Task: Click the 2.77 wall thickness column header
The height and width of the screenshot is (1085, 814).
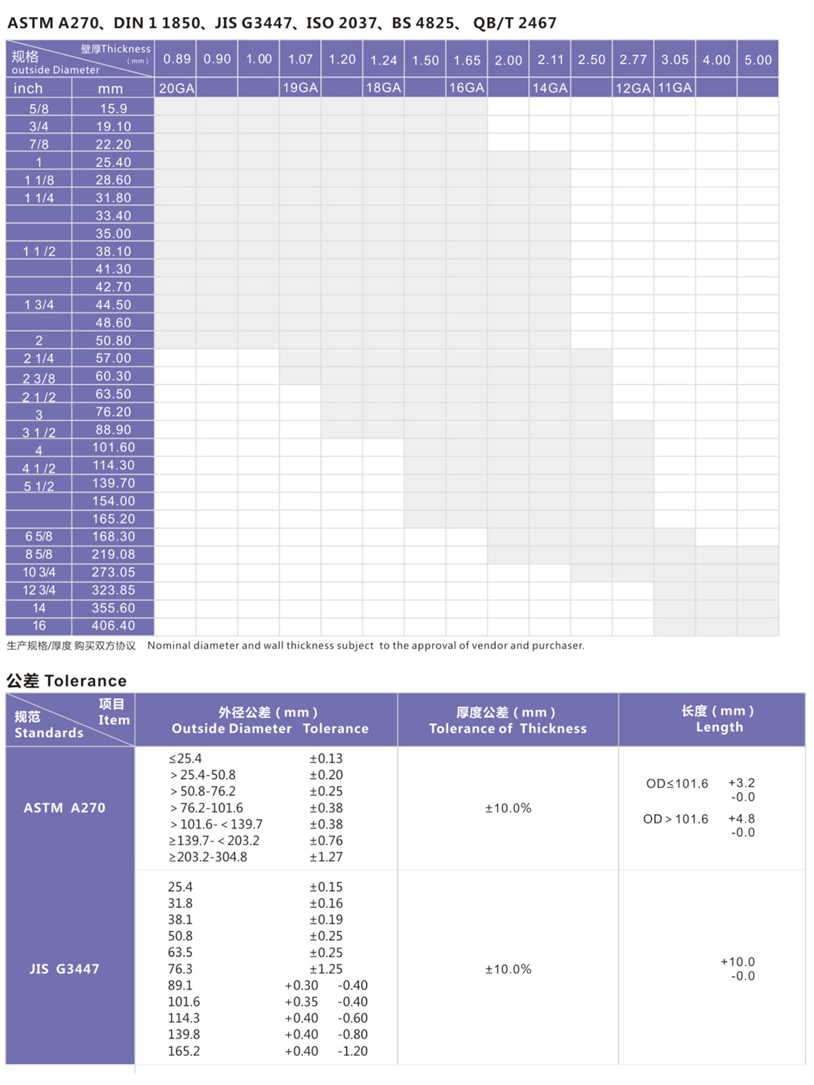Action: pos(633,60)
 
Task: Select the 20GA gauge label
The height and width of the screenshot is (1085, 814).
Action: pos(176,88)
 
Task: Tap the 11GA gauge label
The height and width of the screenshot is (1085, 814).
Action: pos(674,87)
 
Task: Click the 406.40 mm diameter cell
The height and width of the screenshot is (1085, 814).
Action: pos(113,625)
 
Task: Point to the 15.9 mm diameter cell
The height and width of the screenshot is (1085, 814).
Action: pos(113,108)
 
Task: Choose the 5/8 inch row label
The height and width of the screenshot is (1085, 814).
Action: pos(39,108)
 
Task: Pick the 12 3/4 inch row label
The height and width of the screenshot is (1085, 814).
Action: pos(39,590)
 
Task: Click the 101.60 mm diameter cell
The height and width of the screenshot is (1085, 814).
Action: pos(113,448)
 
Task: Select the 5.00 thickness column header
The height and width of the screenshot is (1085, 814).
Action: pos(758,60)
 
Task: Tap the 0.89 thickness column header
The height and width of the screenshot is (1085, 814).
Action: pos(176,59)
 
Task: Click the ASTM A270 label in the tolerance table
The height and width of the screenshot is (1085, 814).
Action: pos(64,808)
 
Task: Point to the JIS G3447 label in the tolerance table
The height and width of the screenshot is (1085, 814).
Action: pos(64,969)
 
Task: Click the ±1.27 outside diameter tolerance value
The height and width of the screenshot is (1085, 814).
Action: pos(326,857)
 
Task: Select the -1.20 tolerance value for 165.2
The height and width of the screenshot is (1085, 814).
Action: pos(353,1051)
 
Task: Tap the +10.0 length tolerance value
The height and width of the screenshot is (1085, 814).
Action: pos(737,962)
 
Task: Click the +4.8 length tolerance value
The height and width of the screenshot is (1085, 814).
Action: pos(741,818)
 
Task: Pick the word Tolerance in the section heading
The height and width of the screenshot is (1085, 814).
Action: pos(85,681)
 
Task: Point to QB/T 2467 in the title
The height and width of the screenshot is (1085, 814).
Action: pos(515,23)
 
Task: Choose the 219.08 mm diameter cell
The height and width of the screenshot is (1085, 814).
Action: pos(113,554)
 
